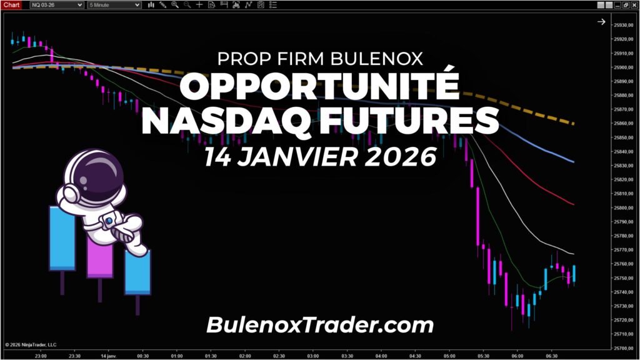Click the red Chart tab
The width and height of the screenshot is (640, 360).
[12, 5]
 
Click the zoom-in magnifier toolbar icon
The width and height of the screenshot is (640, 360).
[174, 5]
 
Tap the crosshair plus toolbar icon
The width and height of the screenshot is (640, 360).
[199, 5]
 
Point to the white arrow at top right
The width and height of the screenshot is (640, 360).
[601, 22]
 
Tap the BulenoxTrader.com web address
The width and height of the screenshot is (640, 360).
[319, 325]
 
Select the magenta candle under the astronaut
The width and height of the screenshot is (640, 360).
[99, 257]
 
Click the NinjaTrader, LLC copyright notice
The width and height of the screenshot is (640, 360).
[31, 344]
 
